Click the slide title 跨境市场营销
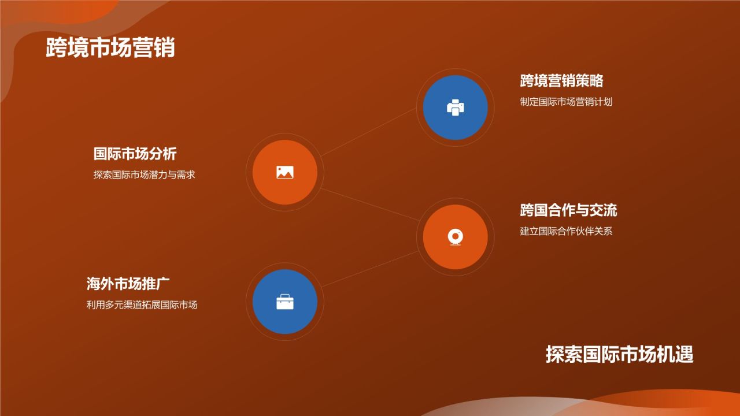[110, 48]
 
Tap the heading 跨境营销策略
[561, 81]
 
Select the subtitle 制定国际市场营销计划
[566, 102]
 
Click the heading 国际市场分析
[135, 154]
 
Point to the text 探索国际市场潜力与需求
[144, 175]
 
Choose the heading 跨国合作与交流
[568, 210]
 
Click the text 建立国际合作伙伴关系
[566, 232]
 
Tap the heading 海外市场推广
[128, 284]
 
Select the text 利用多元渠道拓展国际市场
[142, 305]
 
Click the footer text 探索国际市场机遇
[619, 354]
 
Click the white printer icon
[456, 107]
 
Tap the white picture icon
[285, 172]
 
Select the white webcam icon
[456, 237]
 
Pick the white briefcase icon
[285, 302]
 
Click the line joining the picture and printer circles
[370, 133]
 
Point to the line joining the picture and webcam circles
[370, 204]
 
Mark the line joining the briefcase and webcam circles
[370, 269]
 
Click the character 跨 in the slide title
[57, 48]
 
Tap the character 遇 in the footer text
[684, 354]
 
